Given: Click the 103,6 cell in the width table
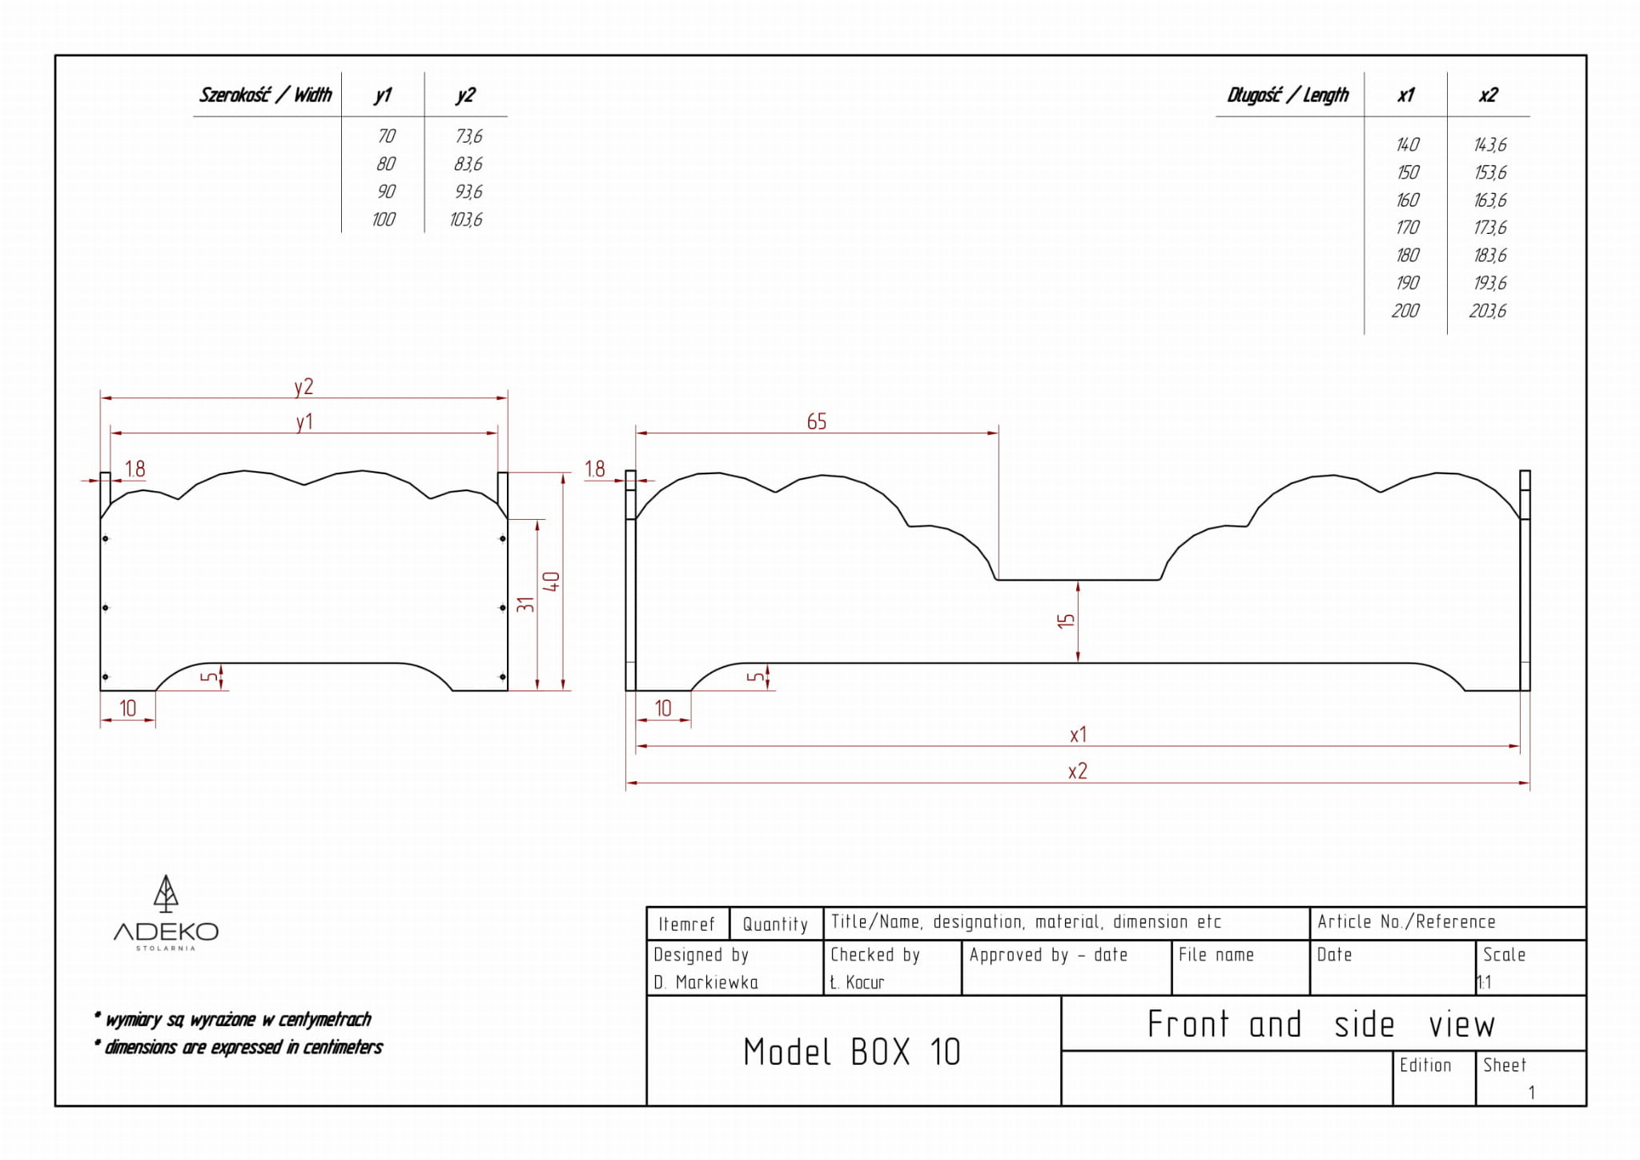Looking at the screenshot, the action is click(x=466, y=220).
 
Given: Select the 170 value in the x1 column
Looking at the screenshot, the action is click(x=1407, y=228).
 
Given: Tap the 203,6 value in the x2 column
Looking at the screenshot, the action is click(x=1488, y=311).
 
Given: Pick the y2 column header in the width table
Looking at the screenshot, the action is click(x=465, y=95).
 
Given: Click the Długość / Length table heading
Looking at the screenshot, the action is click(x=1288, y=95).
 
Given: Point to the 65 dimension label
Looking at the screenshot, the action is click(x=817, y=421).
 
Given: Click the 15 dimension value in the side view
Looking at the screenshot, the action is click(x=1066, y=621).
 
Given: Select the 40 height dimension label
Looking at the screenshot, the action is click(x=551, y=582).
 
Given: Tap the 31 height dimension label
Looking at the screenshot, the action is click(x=525, y=605).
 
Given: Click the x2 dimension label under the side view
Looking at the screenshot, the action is click(x=1078, y=771).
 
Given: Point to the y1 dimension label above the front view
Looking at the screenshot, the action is click(x=304, y=422).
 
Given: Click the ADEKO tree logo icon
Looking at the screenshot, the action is click(x=166, y=894).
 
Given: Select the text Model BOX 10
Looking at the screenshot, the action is click(x=851, y=1052).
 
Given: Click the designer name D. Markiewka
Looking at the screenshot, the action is click(x=705, y=982).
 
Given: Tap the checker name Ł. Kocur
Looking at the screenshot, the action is click(x=857, y=982).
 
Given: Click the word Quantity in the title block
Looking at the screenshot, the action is click(x=775, y=924).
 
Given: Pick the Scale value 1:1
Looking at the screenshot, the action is click(x=1484, y=982).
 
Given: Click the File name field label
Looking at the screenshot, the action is click(x=1216, y=955).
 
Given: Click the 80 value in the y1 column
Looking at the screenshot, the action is click(x=386, y=164).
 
